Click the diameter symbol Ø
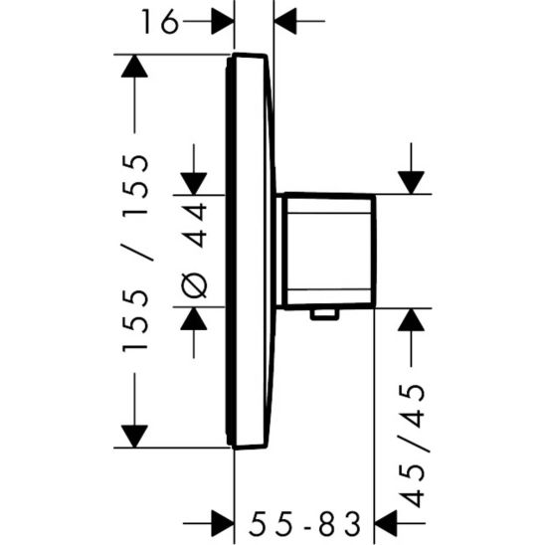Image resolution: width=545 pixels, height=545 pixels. coord(194,283)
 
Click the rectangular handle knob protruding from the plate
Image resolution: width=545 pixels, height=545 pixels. coord(329,251)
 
